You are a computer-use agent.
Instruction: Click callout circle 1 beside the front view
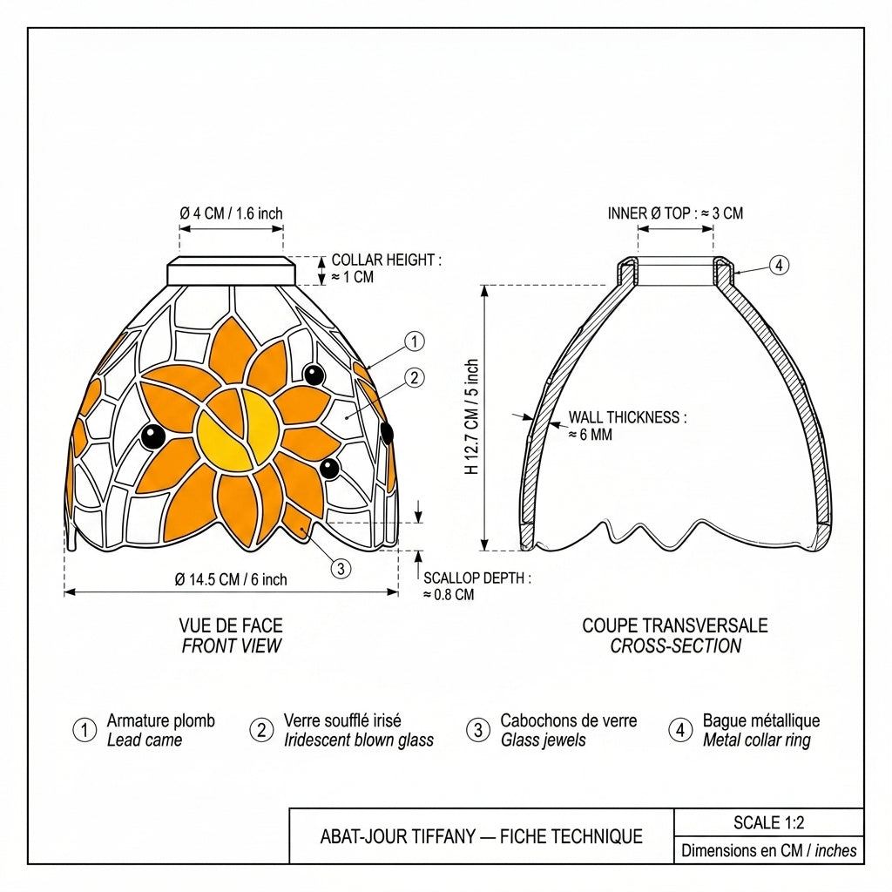pyautogui.click(x=414, y=341)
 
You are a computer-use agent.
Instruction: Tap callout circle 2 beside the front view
pyautogui.click(x=414, y=378)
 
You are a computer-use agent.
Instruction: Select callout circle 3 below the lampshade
pyautogui.click(x=341, y=568)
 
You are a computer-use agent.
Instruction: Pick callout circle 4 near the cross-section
pyautogui.click(x=780, y=265)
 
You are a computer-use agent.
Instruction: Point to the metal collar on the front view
pyautogui.click(x=232, y=271)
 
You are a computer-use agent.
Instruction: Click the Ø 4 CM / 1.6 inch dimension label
pyautogui.click(x=231, y=214)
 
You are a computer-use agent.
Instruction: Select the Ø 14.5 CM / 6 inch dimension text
pyautogui.click(x=231, y=579)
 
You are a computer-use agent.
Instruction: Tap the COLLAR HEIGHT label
pyautogui.click(x=386, y=268)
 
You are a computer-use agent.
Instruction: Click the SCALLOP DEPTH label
pyautogui.click(x=476, y=586)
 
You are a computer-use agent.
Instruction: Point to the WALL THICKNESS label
pyautogui.click(x=627, y=426)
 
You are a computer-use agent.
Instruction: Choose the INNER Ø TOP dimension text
pyautogui.click(x=675, y=214)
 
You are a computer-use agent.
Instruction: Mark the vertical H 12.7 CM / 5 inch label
pyautogui.click(x=471, y=417)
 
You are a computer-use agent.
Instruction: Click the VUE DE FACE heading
pyautogui.click(x=231, y=625)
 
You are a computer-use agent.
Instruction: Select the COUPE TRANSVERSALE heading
pyautogui.click(x=675, y=625)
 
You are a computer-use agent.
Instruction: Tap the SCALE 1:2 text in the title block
pyautogui.click(x=768, y=822)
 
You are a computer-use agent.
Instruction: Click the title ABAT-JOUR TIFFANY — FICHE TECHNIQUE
pyautogui.click(x=481, y=837)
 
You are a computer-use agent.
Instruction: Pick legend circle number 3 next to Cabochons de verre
pyautogui.click(x=478, y=730)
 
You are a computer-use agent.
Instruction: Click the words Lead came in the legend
pyautogui.click(x=145, y=740)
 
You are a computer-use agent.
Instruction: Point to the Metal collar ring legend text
pyautogui.click(x=757, y=740)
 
